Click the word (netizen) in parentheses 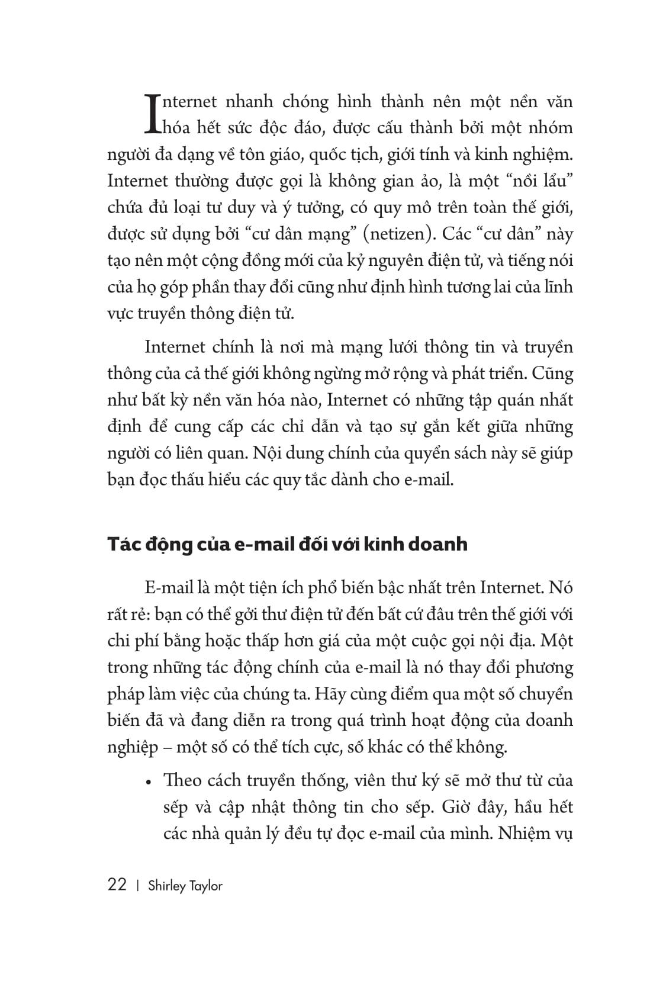(394, 234)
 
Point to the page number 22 (117, 885)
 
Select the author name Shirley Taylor (185, 886)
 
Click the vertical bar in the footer (137, 886)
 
